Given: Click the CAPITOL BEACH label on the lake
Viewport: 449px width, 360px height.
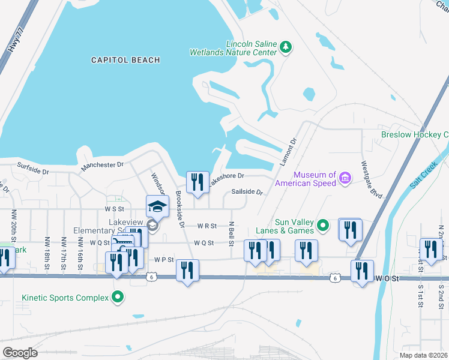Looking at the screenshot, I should [x=125, y=60].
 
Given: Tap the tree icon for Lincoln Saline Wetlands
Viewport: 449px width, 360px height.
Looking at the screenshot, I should [x=286, y=47].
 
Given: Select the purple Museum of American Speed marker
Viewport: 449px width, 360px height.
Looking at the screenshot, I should [x=345, y=178].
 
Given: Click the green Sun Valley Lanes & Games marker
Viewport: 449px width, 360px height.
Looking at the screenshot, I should [x=323, y=226].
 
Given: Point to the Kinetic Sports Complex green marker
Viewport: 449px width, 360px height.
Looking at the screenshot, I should [x=118, y=298].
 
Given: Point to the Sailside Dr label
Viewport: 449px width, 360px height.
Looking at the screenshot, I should [x=247, y=192].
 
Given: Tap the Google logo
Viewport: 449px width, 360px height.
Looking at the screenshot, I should [x=19, y=353].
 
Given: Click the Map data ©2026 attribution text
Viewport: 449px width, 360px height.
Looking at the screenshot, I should [x=424, y=355].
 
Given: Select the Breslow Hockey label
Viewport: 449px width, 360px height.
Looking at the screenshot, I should [x=414, y=134].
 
